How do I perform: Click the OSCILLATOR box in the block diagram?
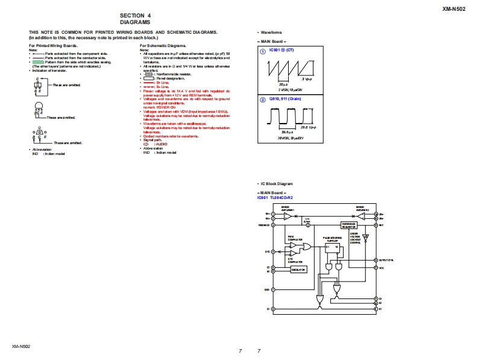299,270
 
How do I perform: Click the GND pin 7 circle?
273,289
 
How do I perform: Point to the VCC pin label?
381,267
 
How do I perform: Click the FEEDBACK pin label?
264,225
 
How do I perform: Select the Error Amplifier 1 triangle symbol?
288,216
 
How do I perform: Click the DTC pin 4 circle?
273,251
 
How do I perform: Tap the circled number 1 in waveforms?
262,52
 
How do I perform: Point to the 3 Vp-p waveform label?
307,79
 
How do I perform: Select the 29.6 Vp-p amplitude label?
308,127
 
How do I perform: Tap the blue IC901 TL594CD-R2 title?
278,197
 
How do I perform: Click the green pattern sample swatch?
37,62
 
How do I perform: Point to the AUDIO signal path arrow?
146,145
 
